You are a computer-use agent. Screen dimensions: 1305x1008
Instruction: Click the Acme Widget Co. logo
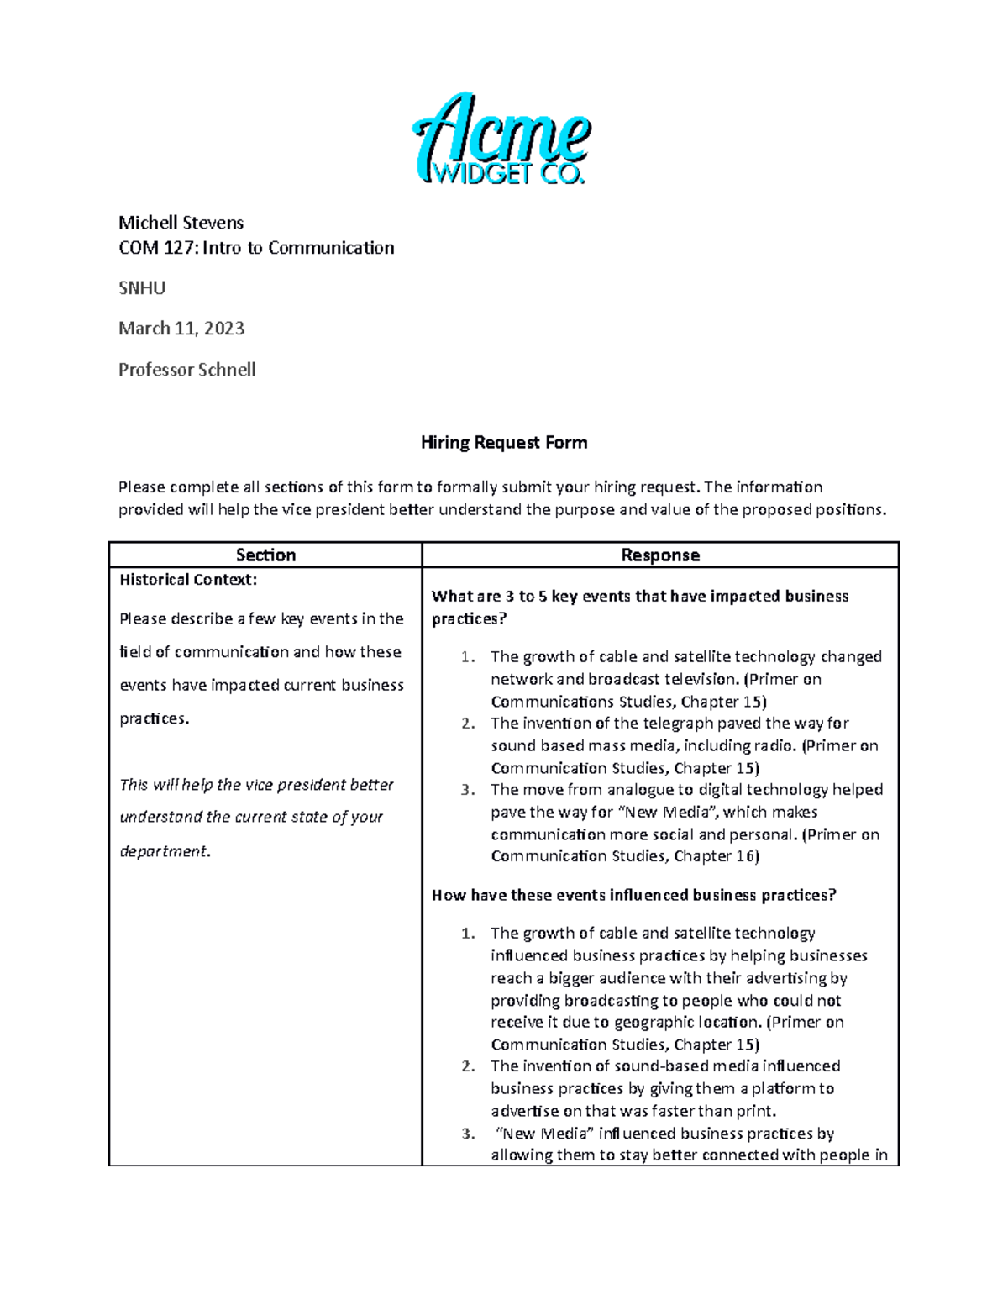(x=502, y=139)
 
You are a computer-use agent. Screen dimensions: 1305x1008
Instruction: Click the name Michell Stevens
(x=181, y=223)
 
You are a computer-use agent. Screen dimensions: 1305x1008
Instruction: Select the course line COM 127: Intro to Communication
(x=256, y=248)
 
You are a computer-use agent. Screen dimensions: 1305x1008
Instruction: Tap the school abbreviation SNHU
(x=142, y=288)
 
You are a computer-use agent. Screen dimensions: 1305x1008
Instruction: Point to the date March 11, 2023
(x=181, y=329)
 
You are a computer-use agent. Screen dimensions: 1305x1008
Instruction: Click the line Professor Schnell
(x=186, y=370)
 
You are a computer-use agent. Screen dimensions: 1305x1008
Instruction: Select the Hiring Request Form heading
(x=503, y=443)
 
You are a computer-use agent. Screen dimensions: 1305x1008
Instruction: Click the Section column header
(x=265, y=555)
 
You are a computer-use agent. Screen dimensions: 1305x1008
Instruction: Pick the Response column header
(x=660, y=555)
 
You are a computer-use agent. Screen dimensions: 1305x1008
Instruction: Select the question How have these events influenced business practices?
(x=634, y=896)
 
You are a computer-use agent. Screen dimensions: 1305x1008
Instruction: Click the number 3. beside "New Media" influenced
(x=468, y=1134)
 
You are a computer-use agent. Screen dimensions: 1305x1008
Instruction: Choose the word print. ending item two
(x=755, y=1111)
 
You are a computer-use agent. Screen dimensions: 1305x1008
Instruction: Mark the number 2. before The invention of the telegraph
(x=468, y=724)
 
